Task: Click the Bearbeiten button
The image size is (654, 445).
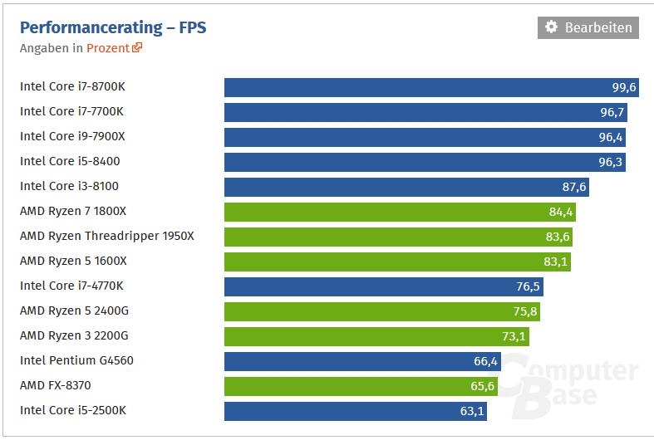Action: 588,27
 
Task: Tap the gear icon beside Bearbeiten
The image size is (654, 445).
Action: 551,27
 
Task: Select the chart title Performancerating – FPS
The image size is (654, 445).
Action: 113,27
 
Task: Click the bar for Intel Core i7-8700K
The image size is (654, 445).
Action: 416,87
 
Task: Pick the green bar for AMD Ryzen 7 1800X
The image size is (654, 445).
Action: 399,212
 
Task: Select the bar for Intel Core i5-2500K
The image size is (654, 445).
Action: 355,411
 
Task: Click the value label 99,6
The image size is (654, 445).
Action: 623,87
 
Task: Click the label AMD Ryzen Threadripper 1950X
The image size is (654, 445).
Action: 106,236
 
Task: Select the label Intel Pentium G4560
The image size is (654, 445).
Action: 76,360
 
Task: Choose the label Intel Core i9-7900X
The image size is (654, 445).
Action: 72,136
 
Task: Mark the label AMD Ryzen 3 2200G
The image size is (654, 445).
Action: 74,335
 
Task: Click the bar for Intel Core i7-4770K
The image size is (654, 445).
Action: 382,286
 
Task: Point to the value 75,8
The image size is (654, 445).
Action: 525,311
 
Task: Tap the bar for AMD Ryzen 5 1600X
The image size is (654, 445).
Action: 396,262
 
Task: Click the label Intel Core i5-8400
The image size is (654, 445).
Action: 64,161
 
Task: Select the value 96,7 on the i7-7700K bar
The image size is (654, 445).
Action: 612,112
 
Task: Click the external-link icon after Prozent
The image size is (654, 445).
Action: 138,48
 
